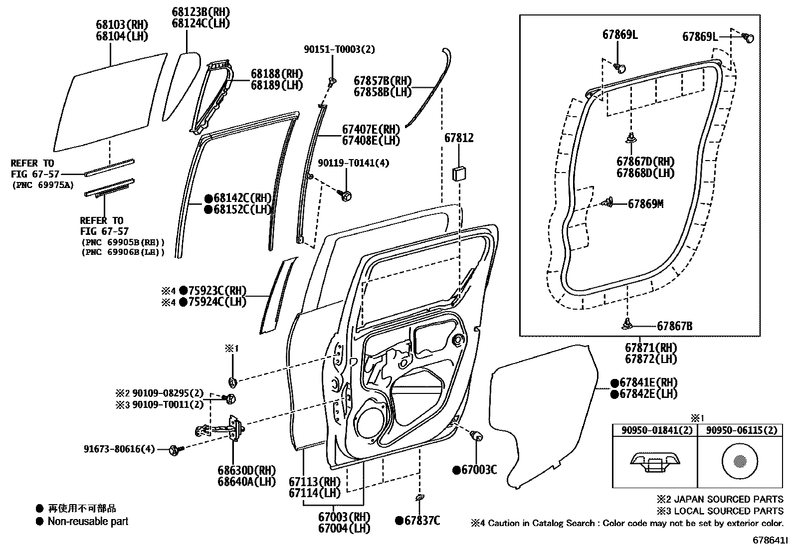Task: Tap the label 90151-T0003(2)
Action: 340,49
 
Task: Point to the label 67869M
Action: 645,204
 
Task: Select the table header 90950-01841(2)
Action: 653,430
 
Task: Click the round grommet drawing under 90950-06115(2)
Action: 739,460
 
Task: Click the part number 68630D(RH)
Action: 246,470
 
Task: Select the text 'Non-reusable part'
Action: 88,522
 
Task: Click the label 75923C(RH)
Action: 217,291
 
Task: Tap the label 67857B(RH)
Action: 383,81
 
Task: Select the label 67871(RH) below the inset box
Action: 651,348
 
